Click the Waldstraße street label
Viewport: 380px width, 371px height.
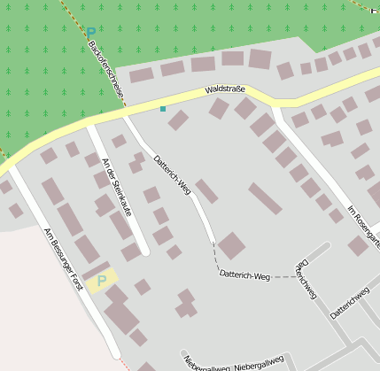[224, 89]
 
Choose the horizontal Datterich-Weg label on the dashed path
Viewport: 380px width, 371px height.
[244, 276]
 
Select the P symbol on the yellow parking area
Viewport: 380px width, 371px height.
[101, 281]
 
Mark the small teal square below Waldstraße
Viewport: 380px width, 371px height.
[163, 109]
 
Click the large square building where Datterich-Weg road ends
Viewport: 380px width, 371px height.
[232, 245]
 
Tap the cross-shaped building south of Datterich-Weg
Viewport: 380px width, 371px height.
[186, 303]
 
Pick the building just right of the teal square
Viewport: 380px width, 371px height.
[178, 120]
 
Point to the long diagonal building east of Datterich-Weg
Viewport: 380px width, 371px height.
[265, 199]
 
